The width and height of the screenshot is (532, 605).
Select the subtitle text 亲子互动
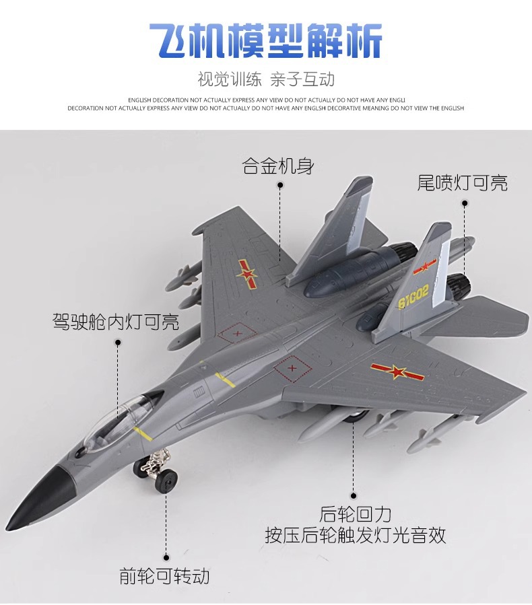coord(302,79)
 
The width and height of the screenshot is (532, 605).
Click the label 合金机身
coord(278,166)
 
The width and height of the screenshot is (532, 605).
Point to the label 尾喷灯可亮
coord(462,182)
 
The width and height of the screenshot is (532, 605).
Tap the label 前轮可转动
coord(165,576)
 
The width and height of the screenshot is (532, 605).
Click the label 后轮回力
coord(355,514)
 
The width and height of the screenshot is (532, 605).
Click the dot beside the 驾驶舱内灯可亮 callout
coord(118,342)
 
